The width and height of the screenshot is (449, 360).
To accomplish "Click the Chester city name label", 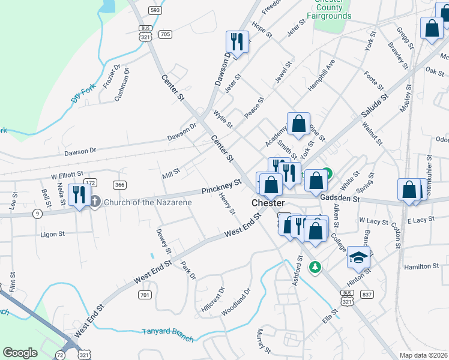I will pos(268,203).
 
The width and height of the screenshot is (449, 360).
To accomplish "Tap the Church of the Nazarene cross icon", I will pos(95,202).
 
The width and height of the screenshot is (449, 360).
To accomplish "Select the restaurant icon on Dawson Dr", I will pos(237,42).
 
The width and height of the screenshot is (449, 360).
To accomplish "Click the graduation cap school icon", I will pos(358,257).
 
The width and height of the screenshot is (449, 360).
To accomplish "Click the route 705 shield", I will pos(166,34).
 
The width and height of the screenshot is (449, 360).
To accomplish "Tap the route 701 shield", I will pos(144,295).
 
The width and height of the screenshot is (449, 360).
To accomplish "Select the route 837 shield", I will pos(367,294).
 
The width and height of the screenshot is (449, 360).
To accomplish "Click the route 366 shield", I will pos(119,185).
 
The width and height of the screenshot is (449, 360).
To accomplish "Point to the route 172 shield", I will pos(90,182).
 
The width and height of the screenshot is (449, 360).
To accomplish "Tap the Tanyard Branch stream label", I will pos(168,334).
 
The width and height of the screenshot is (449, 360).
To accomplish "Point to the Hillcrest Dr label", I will pos(213,298).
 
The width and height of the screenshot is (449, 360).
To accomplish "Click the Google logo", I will pos(20,353).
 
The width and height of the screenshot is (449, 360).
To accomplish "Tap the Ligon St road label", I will pos(53,234).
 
